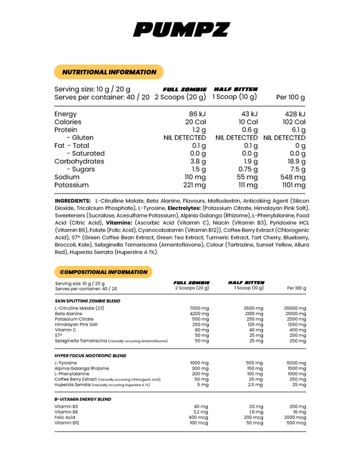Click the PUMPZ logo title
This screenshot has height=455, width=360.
(x=181, y=30)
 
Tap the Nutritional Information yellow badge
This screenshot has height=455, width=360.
(x=109, y=72)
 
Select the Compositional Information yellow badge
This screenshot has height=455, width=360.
(x=103, y=272)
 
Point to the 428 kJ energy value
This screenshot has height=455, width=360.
(x=295, y=114)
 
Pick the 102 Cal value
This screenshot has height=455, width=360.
(x=294, y=122)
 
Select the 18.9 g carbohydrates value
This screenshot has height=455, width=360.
(x=295, y=161)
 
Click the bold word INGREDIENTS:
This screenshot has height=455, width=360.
(x=72, y=201)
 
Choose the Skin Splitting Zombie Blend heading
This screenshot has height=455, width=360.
(x=87, y=301)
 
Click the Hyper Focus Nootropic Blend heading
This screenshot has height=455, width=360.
(x=90, y=355)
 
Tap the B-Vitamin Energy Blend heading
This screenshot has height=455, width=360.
(x=83, y=399)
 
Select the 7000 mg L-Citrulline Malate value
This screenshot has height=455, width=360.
(x=198, y=308)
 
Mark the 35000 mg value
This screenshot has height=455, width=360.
(x=294, y=308)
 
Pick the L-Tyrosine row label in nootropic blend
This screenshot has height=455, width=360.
(x=65, y=363)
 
